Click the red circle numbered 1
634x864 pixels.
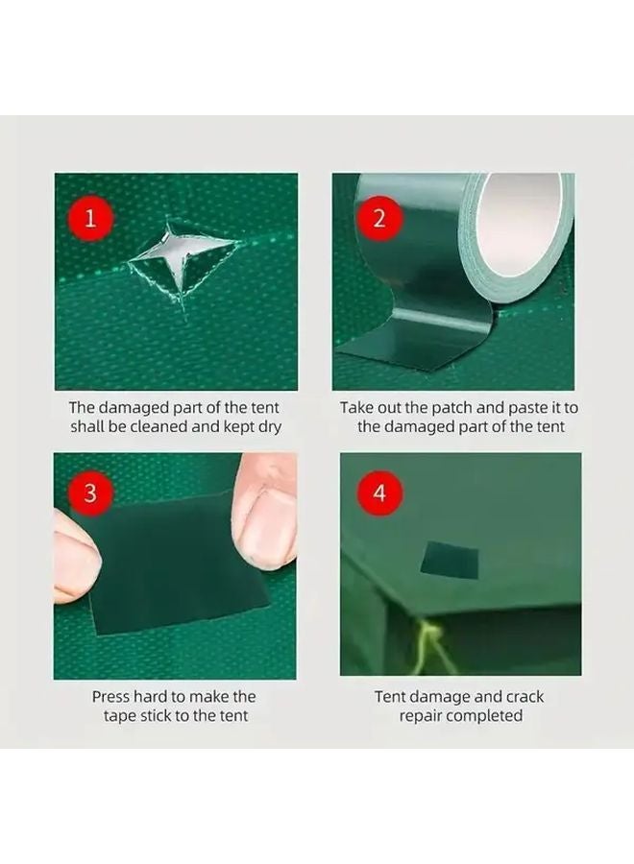(x=91, y=217)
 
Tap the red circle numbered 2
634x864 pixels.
(x=378, y=217)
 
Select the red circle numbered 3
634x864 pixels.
(x=91, y=493)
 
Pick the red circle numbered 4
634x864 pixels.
(x=378, y=493)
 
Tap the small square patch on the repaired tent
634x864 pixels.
(x=451, y=560)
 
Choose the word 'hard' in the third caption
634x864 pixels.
(x=161, y=696)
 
